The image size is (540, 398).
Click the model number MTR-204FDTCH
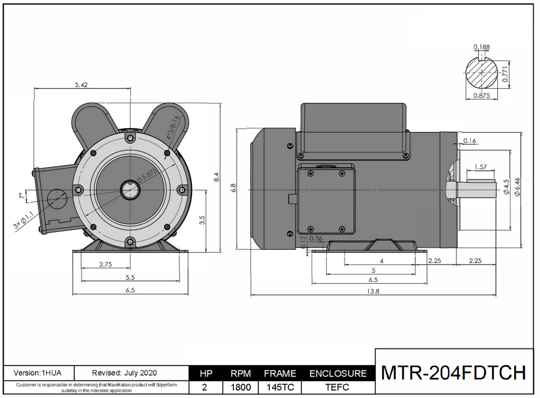[x=454, y=373]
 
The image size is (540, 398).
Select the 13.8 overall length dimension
[x=373, y=291]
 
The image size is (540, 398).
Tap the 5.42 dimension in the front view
[x=81, y=85]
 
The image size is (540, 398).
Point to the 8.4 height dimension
[x=217, y=178]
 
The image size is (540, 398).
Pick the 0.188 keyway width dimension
[x=482, y=47]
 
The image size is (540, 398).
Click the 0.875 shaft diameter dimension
[x=481, y=96]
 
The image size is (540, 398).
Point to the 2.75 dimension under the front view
[x=105, y=264]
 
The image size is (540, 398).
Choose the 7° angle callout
[x=22, y=197]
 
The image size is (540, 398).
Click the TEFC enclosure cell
[x=338, y=388]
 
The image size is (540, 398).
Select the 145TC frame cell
[x=280, y=388]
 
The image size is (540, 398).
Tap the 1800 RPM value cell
[x=240, y=388]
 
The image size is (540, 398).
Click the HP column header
[x=206, y=373]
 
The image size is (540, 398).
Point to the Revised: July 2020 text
[x=124, y=373]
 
